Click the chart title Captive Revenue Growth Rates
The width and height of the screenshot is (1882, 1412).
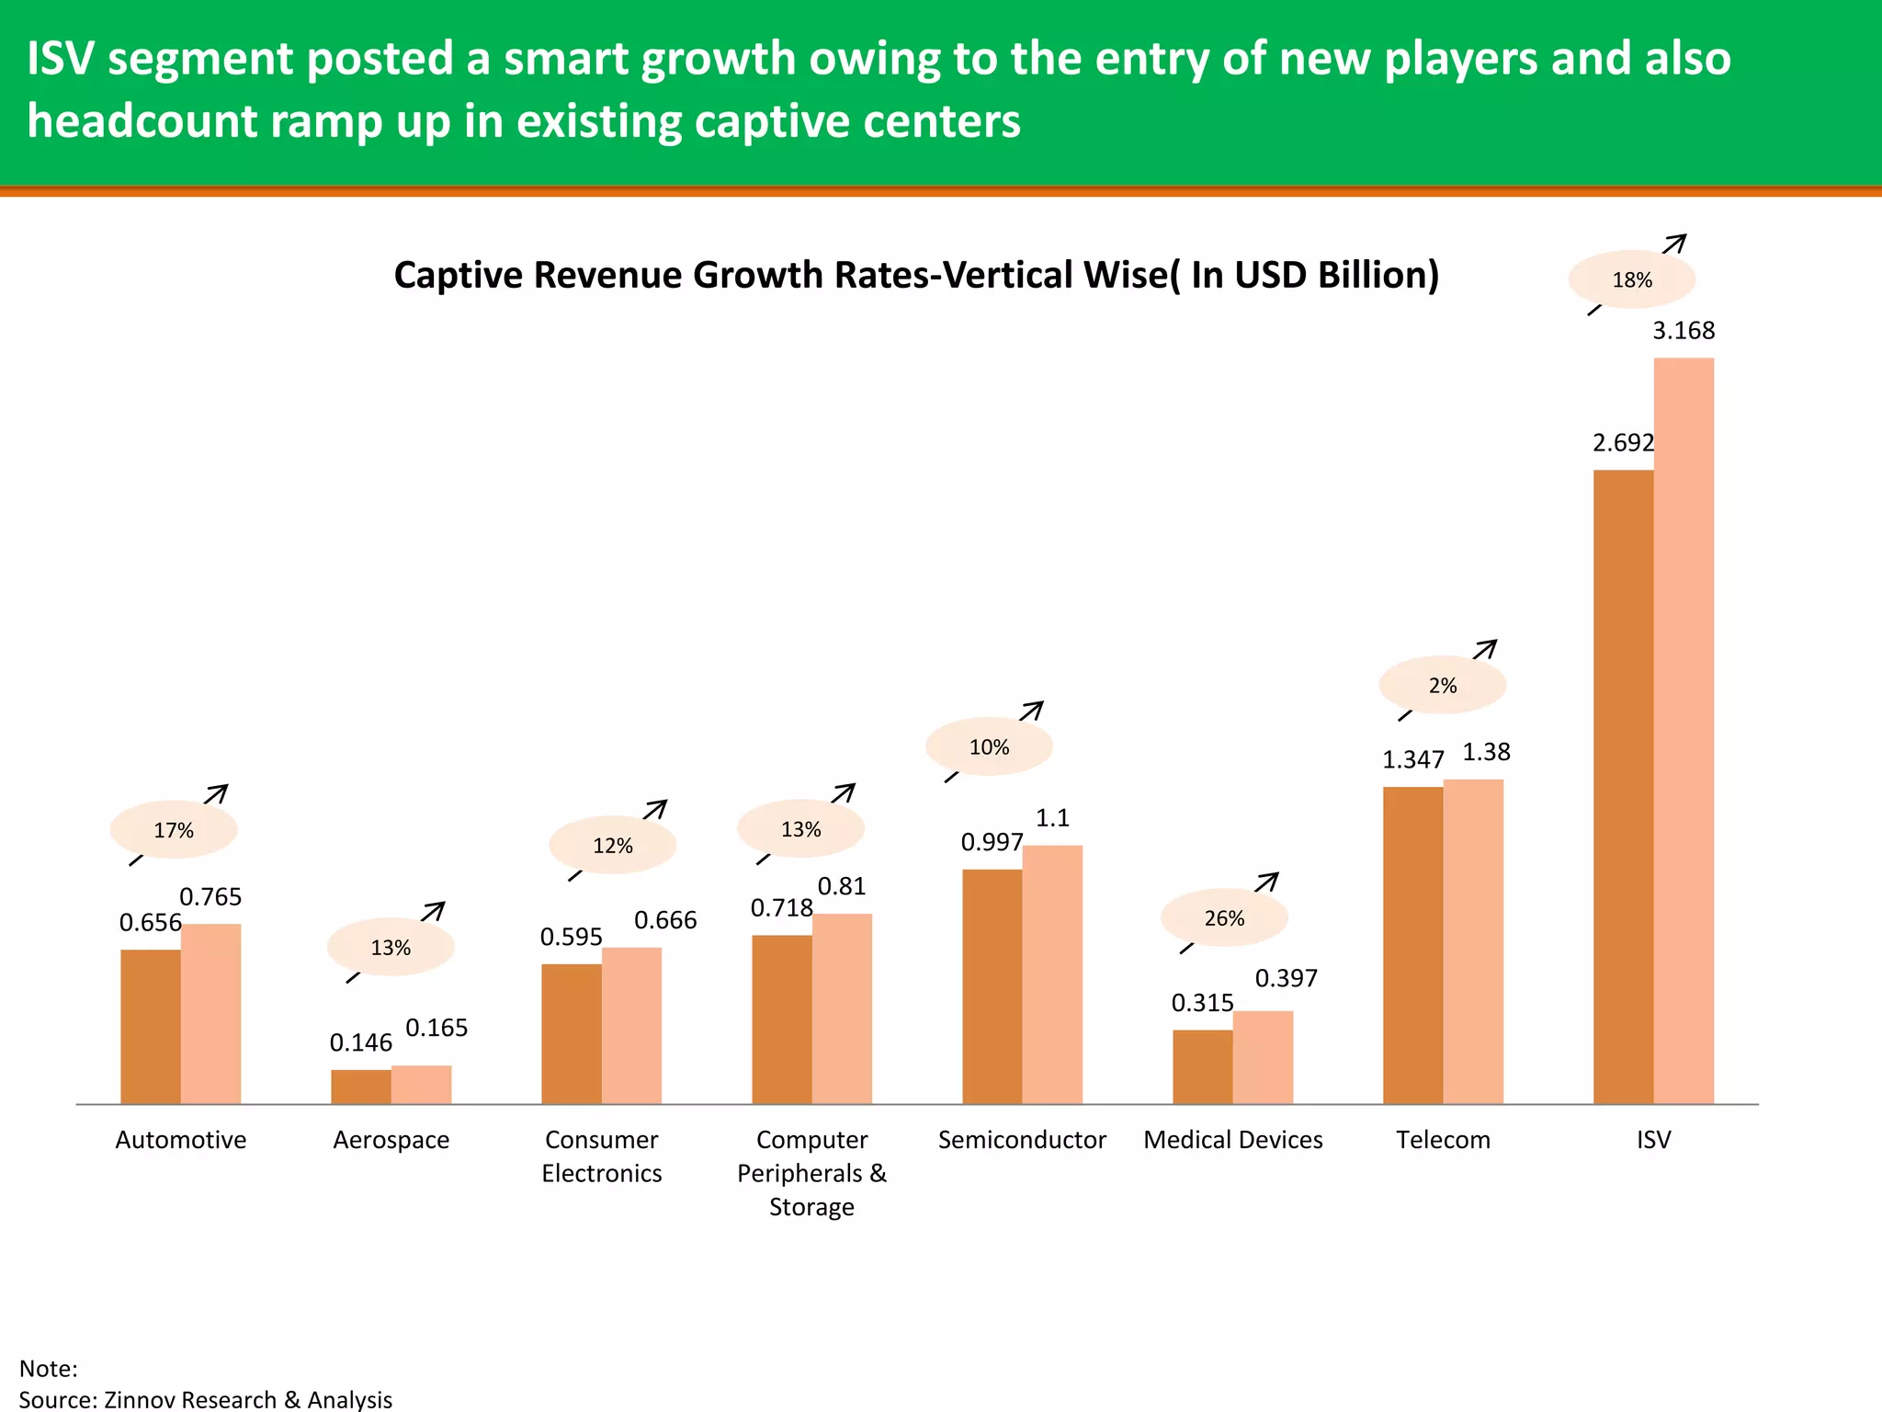pyautogui.click(x=915, y=275)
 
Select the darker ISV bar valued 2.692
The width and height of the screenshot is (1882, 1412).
pyautogui.click(x=1623, y=786)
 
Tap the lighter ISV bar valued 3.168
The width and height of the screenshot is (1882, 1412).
pyautogui.click(x=1684, y=731)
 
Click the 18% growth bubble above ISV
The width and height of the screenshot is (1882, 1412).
pyautogui.click(x=1631, y=279)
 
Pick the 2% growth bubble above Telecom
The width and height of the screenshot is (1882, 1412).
pyautogui.click(x=1442, y=685)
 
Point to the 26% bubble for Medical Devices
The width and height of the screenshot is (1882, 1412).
pyautogui.click(x=1224, y=918)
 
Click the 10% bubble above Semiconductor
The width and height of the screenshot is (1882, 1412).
pyautogui.click(x=989, y=746)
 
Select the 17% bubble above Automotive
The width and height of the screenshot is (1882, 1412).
pyautogui.click(x=174, y=830)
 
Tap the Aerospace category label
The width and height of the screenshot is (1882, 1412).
pyautogui.click(x=391, y=1140)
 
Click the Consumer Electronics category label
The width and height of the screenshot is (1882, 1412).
pyautogui.click(x=602, y=1156)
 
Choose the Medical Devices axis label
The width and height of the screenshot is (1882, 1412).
pyautogui.click(x=1232, y=1140)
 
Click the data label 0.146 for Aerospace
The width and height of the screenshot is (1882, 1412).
pyautogui.click(x=360, y=1042)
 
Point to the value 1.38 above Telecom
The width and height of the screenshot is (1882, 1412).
pyautogui.click(x=1486, y=752)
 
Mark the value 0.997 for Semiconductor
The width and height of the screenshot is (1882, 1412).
pyautogui.click(x=992, y=842)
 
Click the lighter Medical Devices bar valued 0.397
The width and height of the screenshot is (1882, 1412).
pyautogui.click(x=1263, y=1057)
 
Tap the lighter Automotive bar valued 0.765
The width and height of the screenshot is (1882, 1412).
pyautogui.click(x=210, y=1013)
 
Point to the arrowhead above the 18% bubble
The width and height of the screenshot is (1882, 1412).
pyautogui.click(x=1678, y=242)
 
